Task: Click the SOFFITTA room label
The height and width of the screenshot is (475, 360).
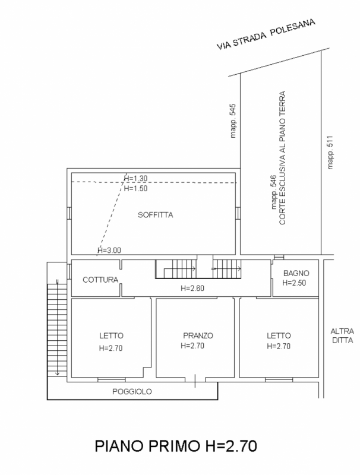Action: coord(155,215)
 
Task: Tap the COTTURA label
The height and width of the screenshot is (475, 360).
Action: coord(100,280)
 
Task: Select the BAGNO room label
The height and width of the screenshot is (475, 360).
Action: coord(296,273)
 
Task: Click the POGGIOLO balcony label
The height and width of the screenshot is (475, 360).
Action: coord(132,392)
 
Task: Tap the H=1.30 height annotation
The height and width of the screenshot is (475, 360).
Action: coord(136,179)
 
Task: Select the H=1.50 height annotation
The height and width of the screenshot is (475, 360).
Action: coord(136,188)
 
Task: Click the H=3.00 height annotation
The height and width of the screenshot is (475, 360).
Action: coord(109,250)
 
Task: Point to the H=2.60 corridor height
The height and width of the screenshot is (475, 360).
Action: coord(192,288)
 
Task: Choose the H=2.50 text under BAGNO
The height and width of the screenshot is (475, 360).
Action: coord(294,283)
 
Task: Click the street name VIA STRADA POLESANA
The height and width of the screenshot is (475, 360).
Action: coord(266,34)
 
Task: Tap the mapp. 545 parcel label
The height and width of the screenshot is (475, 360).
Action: coord(233,121)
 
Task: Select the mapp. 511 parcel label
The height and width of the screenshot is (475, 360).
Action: coord(330,153)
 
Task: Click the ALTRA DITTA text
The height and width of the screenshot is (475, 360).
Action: coord(342,335)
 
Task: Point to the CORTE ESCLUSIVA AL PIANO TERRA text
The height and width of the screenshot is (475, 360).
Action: coord(282,158)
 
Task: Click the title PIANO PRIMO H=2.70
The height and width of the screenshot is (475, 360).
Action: coord(176,446)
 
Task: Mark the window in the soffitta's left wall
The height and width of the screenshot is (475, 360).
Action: coord(69,213)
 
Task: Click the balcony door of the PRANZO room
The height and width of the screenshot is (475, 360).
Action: coord(195,380)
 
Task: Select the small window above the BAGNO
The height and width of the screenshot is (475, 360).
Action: coord(279,257)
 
